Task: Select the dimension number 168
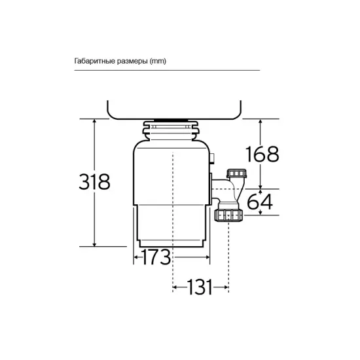262,154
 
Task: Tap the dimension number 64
260,202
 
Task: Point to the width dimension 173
153,257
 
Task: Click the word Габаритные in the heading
94,61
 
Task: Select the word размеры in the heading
130,61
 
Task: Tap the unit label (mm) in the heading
158,61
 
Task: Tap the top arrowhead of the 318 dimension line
95,122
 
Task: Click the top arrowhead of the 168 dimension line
261,122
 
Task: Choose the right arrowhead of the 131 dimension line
226,287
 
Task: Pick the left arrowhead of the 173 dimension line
136,257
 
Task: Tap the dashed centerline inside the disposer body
172,196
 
